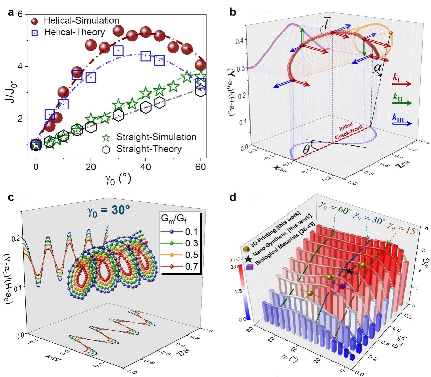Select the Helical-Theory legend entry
(x=74, y=32)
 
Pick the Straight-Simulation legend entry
(x=156, y=137)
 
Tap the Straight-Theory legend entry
(x=149, y=149)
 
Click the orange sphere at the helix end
(x=390, y=33)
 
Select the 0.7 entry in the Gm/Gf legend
(x=191, y=267)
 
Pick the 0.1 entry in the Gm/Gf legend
(x=191, y=232)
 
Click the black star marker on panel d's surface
(x=349, y=272)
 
